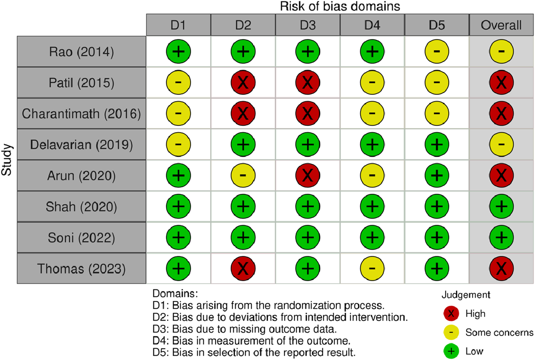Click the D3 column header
point(308,25)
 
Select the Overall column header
point(501,25)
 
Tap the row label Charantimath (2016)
point(82,114)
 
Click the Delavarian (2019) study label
point(82,145)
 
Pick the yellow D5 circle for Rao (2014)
point(437,52)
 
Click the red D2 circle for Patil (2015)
point(243,82)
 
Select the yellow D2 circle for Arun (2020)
point(243,175)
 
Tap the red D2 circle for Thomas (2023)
point(243,268)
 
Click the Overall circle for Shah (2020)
point(501,207)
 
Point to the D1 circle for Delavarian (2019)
point(178,144)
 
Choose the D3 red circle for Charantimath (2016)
point(308,114)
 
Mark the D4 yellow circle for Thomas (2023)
point(372,268)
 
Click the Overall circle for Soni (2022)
point(501,237)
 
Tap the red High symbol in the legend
point(451,313)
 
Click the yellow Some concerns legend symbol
point(451,333)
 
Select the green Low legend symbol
point(451,351)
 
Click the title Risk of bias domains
point(340,6)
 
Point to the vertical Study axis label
point(7,160)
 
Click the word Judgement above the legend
point(466,295)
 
